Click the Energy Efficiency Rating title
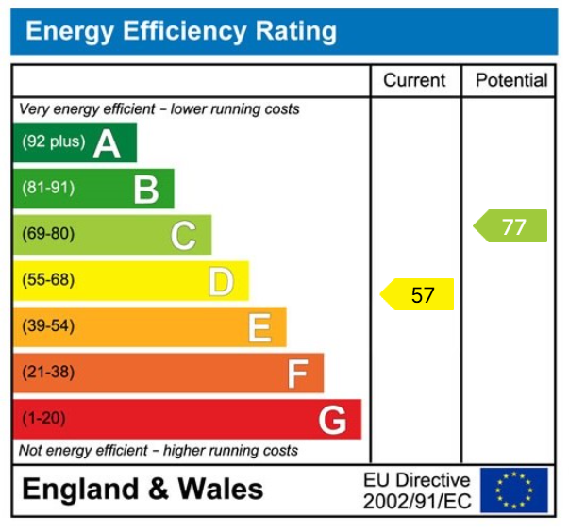point(180,31)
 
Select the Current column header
point(414,81)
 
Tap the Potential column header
point(510,81)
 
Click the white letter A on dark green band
point(107,143)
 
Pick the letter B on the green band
point(145,190)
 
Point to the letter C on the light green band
point(183,235)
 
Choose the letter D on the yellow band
point(221,281)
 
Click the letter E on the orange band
point(259,327)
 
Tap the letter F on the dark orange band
point(297,374)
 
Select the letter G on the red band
point(332,420)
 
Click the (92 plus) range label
point(53,142)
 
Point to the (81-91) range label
point(48,189)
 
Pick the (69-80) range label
point(48,234)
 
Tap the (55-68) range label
point(48,280)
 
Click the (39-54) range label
point(48,326)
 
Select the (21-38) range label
point(48,373)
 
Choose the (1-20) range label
point(45,419)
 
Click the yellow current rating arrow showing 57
point(418,295)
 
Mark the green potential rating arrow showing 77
point(510,226)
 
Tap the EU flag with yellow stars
point(513,490)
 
